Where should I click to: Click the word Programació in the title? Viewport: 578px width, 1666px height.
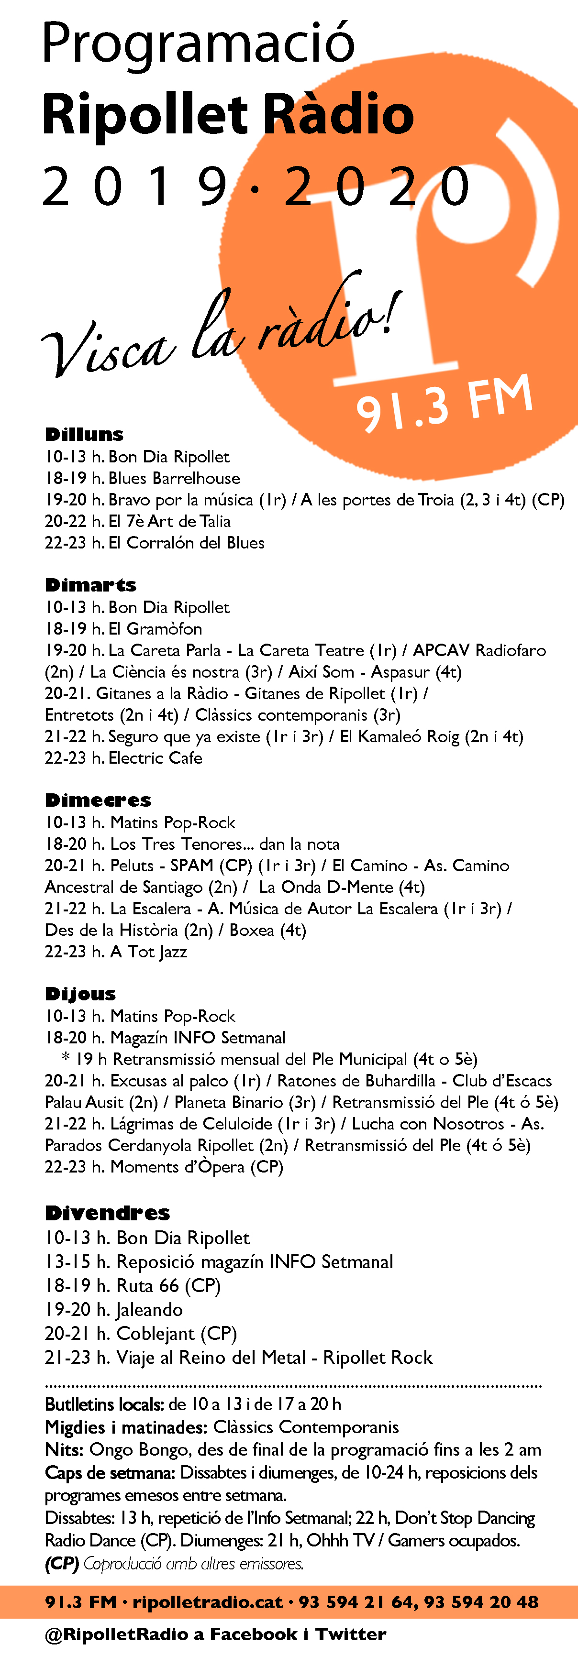point(198,44)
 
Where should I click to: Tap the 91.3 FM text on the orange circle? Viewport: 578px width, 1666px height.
point(444,404)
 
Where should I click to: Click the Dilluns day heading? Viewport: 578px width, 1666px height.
point(84,435)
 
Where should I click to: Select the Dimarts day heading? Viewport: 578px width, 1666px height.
point(90,585)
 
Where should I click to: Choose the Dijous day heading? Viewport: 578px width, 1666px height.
point(80,994)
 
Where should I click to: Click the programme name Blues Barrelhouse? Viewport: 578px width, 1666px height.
point(174,479)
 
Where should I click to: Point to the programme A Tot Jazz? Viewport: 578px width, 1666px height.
point(148,952)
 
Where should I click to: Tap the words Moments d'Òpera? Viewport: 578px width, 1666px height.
point(178,1167)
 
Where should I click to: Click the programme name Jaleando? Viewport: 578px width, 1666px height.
point(149,1310)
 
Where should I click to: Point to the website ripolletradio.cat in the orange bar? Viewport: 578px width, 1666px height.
point(208,1602)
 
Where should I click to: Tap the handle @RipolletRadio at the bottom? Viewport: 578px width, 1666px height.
point(116,1634)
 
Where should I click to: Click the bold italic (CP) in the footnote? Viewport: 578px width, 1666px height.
point(62,1563)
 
